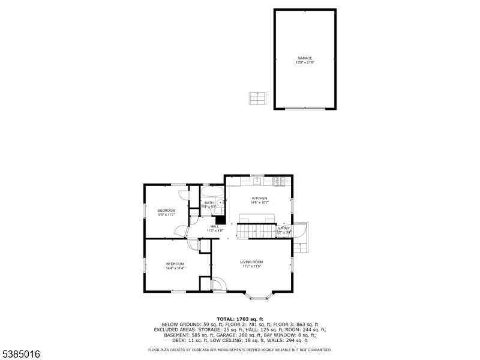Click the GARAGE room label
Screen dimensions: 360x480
click(305, 58)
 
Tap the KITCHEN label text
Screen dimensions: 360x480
click(259, 198)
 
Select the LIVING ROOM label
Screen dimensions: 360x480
click(252, 262)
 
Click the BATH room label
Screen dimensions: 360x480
click(209, 203)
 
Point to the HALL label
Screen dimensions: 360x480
click(214, 226)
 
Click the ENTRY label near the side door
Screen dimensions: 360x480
click(284, 228)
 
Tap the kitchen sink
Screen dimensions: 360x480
click(256, 179)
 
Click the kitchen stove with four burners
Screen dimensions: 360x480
click(280, 179)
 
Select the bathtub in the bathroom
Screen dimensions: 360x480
click(212, 192)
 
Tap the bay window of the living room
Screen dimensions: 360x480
click(260, 296)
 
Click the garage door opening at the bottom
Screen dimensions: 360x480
click(305, 109)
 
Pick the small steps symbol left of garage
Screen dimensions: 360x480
click(257, 98)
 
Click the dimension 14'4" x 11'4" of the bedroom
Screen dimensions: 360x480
click(175, 268)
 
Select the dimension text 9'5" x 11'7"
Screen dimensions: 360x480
click(166, 214)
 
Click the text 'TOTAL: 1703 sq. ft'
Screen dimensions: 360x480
click(240, 319)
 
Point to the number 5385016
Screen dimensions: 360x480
click(21, 355)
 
